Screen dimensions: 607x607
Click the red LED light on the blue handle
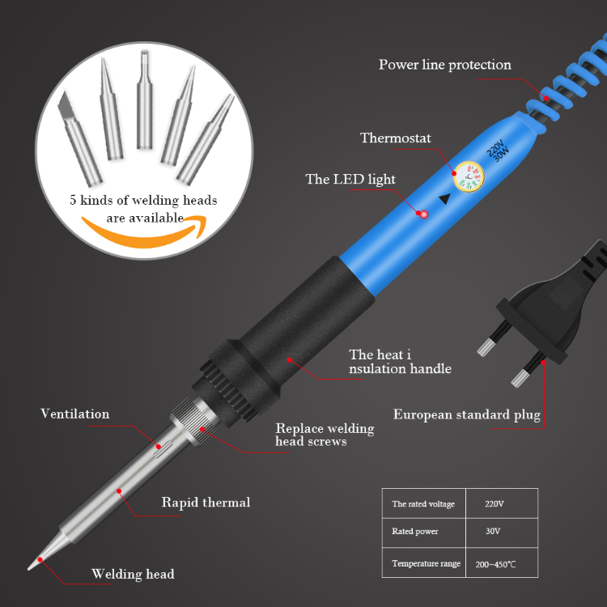423,214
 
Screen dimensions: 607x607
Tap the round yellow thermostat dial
469,177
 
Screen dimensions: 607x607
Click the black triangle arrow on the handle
445,198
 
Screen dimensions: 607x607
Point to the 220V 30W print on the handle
498,151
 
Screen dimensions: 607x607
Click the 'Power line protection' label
445,65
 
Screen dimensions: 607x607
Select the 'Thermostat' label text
395,138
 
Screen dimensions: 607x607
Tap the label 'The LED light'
350,179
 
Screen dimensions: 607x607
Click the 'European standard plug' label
467,414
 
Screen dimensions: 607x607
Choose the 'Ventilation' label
74,414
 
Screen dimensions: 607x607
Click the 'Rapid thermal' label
206,503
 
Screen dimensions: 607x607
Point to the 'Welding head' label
133,574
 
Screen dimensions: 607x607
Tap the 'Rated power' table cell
423,533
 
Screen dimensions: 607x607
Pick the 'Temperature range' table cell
423,562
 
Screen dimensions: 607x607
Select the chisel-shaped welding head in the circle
79,138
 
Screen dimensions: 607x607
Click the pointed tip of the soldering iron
28,569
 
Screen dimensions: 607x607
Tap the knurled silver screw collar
194,422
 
